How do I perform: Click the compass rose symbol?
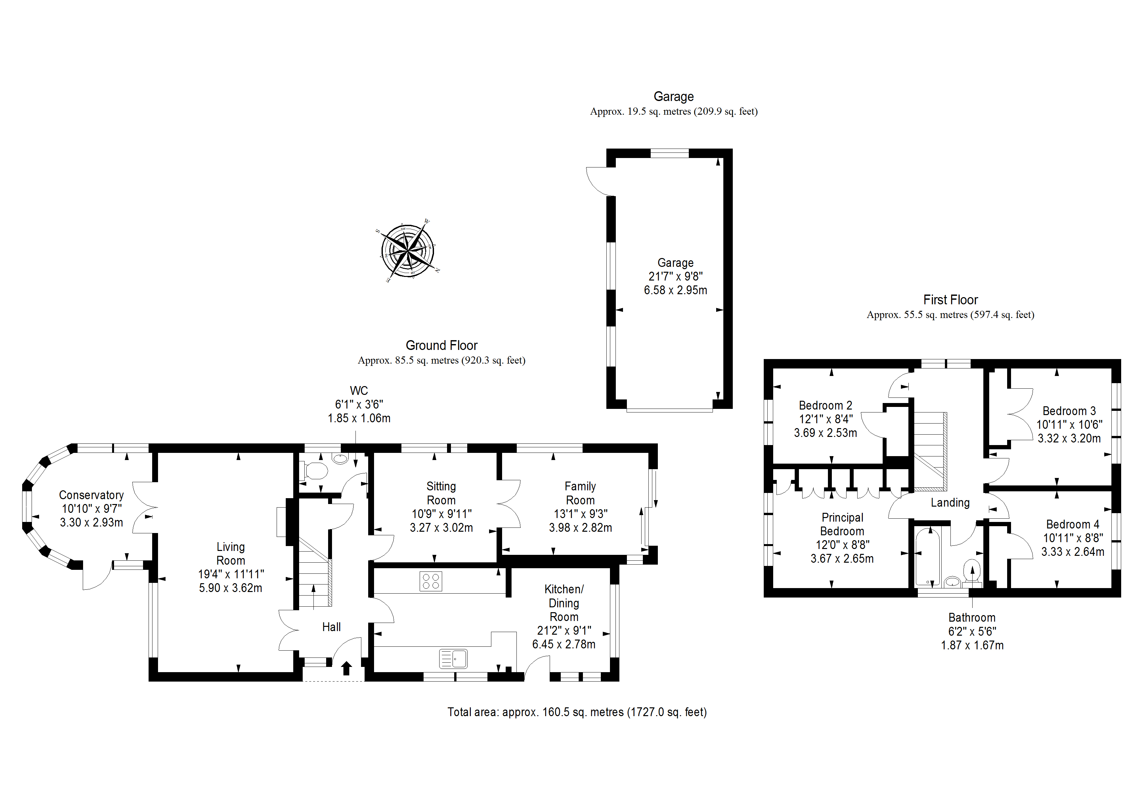(407, 251)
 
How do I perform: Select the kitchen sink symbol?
(453, 659)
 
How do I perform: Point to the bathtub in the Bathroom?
(927, 557)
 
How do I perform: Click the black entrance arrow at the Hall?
(346, 668)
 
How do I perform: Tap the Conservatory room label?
(91, 495)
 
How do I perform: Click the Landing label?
(950, 503)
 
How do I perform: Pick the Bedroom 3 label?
(1069, 411)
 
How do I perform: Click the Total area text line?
(576, 712)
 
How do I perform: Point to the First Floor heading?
(950, 300)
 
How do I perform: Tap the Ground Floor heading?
(441, 345)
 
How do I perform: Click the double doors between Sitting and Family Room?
(509, 504)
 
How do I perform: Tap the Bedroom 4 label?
(1072, 524)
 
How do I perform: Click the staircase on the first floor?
(930, 451)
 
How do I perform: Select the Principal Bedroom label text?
(842, 524)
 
